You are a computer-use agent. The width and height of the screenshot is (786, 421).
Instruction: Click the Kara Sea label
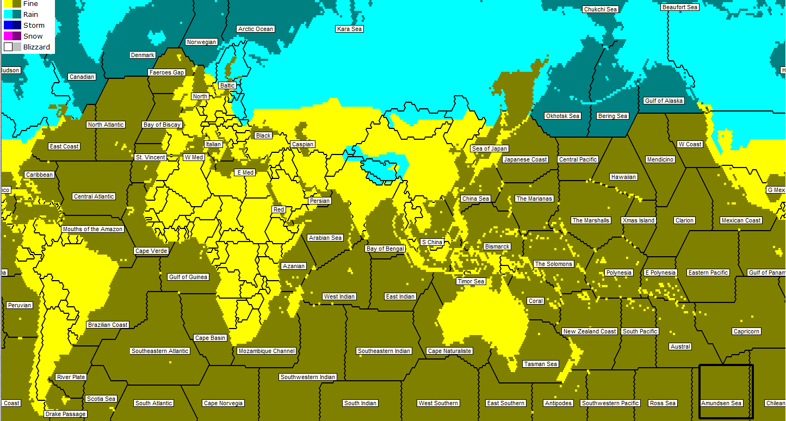pyautogui.click(x=349, y=29)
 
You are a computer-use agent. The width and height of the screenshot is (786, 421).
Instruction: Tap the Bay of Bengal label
pyautogui.click(x=385, y=249)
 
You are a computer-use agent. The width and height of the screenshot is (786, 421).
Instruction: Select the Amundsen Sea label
pyautogui.click(x=721, y=403)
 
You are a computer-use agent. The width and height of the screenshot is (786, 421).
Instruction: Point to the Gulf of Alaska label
pyautogui.click(x=663, y=101)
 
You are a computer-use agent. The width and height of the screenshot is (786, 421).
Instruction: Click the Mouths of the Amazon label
pyautogui.click(x=92, y=229)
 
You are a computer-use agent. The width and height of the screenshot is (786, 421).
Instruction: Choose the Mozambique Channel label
pyautogui.click(x=267, y=351)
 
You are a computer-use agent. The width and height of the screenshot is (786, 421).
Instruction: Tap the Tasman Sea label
pyautogui.click(x=540, y=364)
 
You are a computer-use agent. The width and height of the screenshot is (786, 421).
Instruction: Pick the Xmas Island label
pyautogui.click(x=639, y=220)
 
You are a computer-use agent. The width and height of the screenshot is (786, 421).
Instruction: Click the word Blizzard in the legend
pyautogui.click(x=36, y=47)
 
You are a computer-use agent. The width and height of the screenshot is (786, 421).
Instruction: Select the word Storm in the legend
pyautogui.click(x=34, y=26)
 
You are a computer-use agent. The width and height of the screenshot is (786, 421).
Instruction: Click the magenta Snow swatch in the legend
pyautogui.click(x=8, y=36)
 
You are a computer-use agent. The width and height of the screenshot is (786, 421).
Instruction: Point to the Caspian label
pyautogui.click(x=302, y=144)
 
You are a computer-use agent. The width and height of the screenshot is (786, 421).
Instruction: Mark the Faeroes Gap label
pyautogui.click(x=166, y=72)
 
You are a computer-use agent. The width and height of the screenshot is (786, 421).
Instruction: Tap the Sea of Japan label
pyautogui.click(x=490, y=148)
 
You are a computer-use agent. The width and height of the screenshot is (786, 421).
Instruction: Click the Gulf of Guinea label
pyautogui.click(x=188, y=277)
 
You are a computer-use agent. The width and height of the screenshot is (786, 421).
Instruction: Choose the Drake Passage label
pyautogui.click(x=65, y=414)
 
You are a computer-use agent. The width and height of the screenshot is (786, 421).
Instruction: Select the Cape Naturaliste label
pyautogui.click(x=449, y=351)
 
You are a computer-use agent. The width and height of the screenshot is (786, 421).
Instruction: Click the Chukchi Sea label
pyautogui.click(x=600, y=9)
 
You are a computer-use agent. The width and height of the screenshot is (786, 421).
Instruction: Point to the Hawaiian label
pyautogui.click(x=623, y=177)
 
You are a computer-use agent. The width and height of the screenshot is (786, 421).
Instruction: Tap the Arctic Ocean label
pyautogui.click(x=256, y=29)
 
